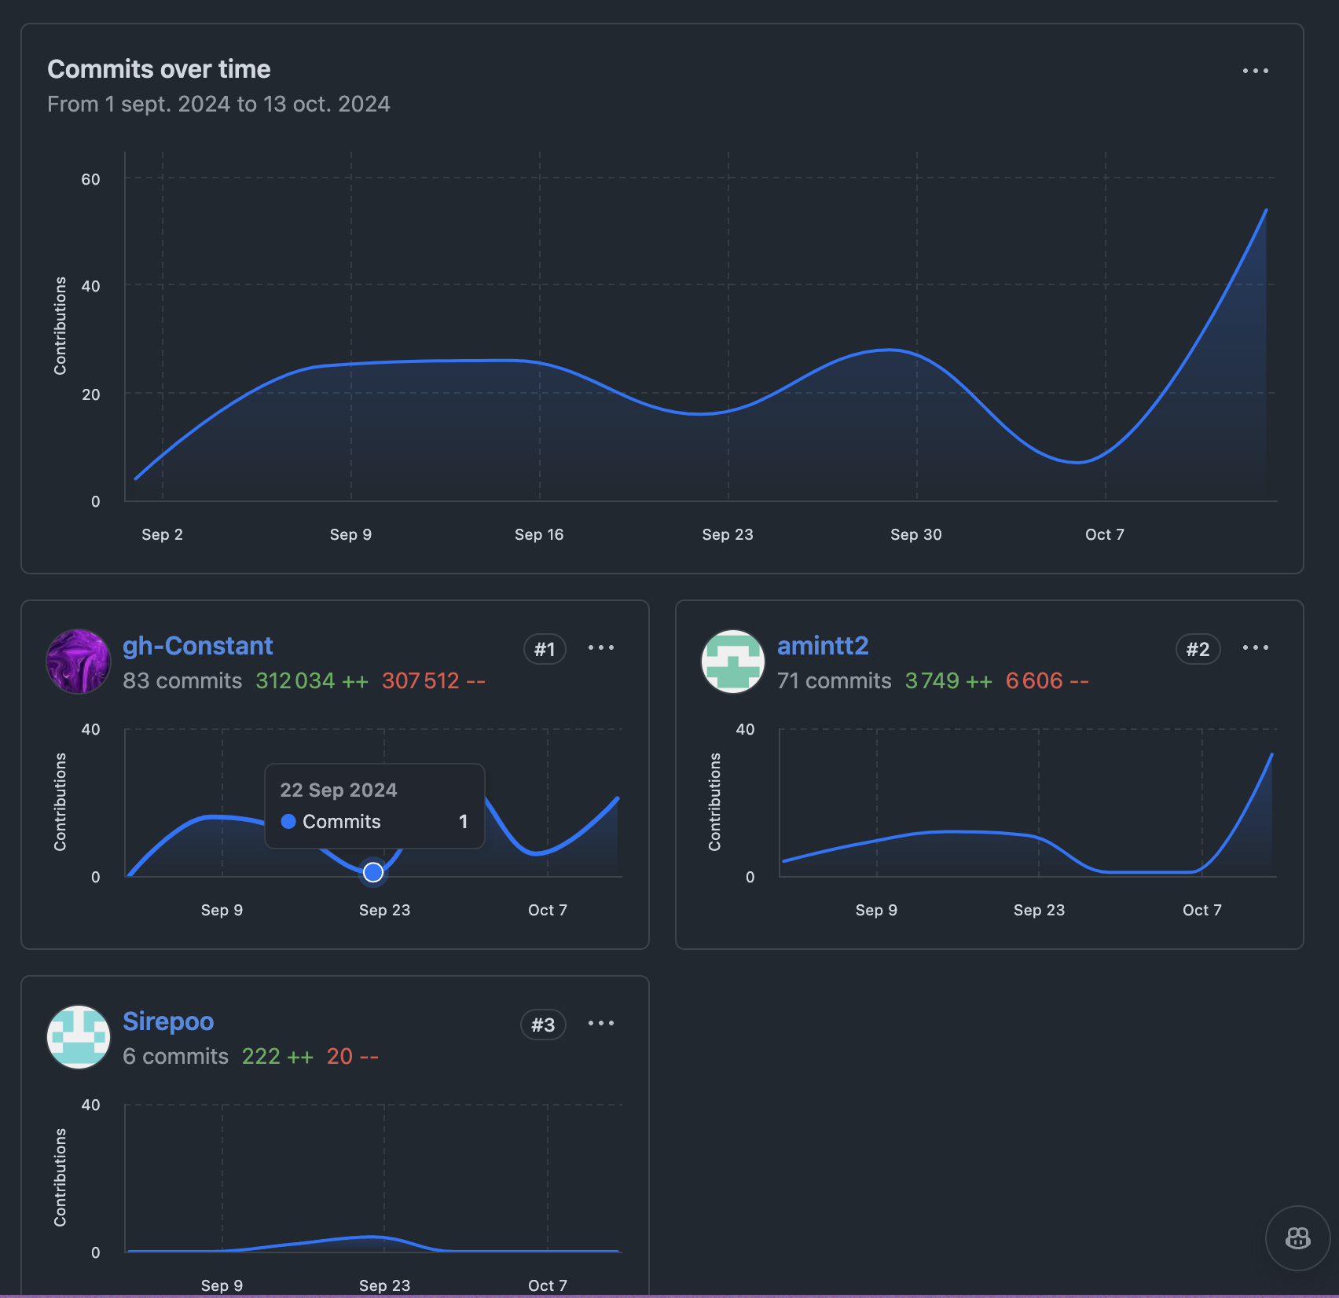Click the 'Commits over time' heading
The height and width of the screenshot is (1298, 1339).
[159, 69]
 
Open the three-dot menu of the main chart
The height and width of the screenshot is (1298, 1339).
[1255, 71]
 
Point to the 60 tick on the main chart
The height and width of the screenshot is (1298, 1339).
[90, 179]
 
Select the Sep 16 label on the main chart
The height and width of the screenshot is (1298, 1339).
[539, 534]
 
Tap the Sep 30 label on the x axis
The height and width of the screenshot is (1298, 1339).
[915, 534]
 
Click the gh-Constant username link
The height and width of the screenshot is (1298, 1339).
[197, 646]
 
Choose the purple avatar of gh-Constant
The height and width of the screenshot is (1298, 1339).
[79, 662]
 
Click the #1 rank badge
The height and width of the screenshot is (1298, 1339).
[545, 649]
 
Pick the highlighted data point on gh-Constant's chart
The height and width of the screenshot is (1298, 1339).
[373, 872]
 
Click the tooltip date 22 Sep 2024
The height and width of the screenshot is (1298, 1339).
[338, 790]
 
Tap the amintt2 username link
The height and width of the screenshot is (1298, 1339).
[823, 646]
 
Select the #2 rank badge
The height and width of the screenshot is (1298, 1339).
[1198, 649]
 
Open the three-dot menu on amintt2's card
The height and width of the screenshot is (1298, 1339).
[1255, 647]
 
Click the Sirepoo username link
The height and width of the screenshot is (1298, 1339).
[168, 1021]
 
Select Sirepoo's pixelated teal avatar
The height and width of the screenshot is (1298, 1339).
[79, 1037]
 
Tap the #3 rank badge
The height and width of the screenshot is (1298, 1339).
[543, 1025]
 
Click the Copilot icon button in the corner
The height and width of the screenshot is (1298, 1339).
[1297, 1238]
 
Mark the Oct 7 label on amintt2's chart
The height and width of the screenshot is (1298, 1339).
[1201, 910]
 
